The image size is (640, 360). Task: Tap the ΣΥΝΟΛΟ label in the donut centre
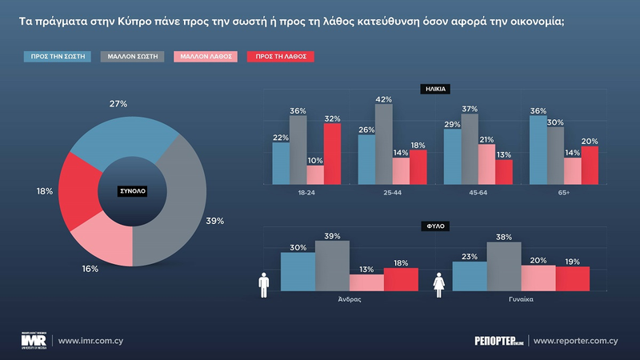coord(133,192)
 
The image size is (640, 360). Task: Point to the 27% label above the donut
coord(118,104)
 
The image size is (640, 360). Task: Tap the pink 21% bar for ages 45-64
coord(486,164)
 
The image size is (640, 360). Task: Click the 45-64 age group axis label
coord(470,193)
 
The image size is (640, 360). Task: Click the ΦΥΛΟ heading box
coord(435,226)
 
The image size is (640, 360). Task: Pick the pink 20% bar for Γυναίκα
coord(538,278)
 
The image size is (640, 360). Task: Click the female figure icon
coord(438,286)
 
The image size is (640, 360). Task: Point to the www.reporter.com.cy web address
coord(575,341)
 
